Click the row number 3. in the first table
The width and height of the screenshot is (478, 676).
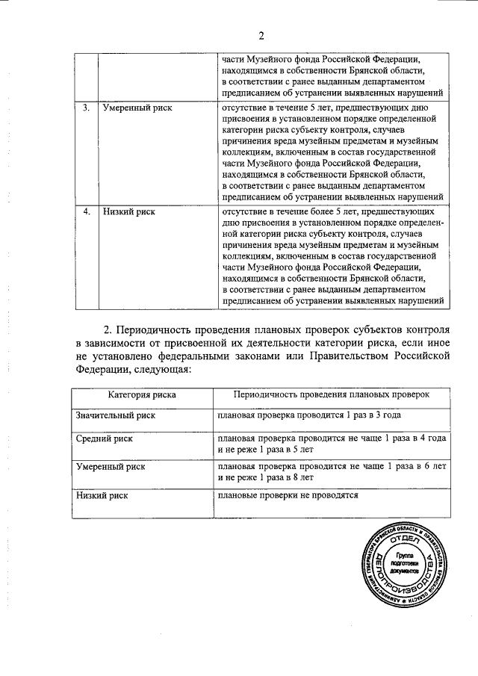tap(87, 108)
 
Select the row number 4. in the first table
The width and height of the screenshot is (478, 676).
tap(87, 211)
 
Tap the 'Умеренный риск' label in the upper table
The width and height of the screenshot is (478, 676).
tap(137, 108)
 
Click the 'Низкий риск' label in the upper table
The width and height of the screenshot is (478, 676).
tap(128, 211)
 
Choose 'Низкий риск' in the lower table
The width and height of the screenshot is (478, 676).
tap(102, 494)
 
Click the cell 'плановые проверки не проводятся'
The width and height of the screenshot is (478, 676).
tap(288, 494)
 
